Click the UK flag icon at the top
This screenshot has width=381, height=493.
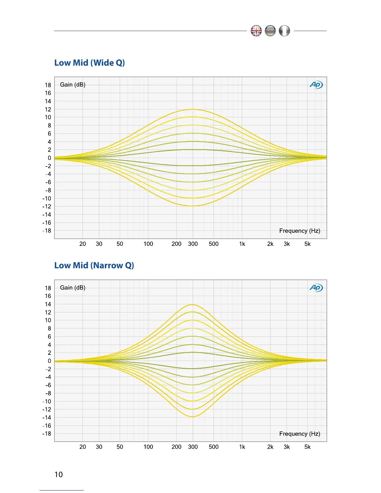pyautogui.click(x=256, y=31)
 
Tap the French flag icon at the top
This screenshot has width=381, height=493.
pyautogui.click(x=284, y=31)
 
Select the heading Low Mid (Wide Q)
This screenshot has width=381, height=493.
pyautogui.click(x=90, y=63)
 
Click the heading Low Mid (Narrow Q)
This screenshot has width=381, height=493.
pyautogui.click(x=94, y=265)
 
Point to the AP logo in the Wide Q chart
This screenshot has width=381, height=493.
pyautogui.click(x=316, y=85)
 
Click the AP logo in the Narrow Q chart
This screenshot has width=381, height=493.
pyautogui.click(x=316, y=288)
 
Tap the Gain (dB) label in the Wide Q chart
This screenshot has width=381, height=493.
pyautogui.click(x=73, y=85)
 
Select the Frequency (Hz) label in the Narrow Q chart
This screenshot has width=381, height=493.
pyautogui.click(x=299, y=434)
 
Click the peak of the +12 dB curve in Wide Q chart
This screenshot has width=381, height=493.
pyautogui.click(x=193, y=109)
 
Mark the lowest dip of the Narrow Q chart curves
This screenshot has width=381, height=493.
pyautogui.click(x=193, y=417)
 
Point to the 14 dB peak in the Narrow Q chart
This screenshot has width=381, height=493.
pyautogui.click(x=193, y=304)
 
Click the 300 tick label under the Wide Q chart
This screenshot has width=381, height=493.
pyautogui.click(x=193, y=244)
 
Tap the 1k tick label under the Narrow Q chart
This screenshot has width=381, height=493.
pyautogui.click(x=242, y=447)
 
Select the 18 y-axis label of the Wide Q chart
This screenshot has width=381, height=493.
pyautogui.click(x=48, y=85)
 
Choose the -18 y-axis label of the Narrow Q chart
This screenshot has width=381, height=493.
pyautogui.click(x=47, y=434)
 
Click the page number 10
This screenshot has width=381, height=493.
pyautogui.click(x=59, y=475)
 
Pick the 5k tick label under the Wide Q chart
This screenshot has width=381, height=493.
pyautogui.click(x=307, y=244)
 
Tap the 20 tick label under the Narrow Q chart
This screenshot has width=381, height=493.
pyautogui.click(x=82, y=447)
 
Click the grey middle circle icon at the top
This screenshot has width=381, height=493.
pyautogui.click(x=270, y=31)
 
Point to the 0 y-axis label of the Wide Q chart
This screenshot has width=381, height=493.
pyautogui.click(x=49, y=158)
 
